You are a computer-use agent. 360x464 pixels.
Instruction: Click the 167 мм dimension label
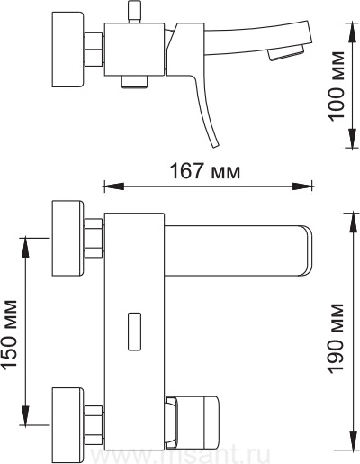[205, 171]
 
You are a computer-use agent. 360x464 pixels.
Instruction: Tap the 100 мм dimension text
[336, 86]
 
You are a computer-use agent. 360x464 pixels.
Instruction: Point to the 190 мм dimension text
[336, 339]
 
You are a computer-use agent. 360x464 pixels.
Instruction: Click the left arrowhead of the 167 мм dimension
[113, 187]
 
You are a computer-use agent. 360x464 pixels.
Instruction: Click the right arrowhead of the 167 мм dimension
[302, 187]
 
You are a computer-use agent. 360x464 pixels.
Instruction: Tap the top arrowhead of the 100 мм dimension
[353, 32]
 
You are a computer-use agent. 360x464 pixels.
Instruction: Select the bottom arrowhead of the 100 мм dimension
[353, 138]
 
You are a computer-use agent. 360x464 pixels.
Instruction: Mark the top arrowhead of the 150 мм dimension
[25, 248]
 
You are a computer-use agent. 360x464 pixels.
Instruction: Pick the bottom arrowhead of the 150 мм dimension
[25, 414]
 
